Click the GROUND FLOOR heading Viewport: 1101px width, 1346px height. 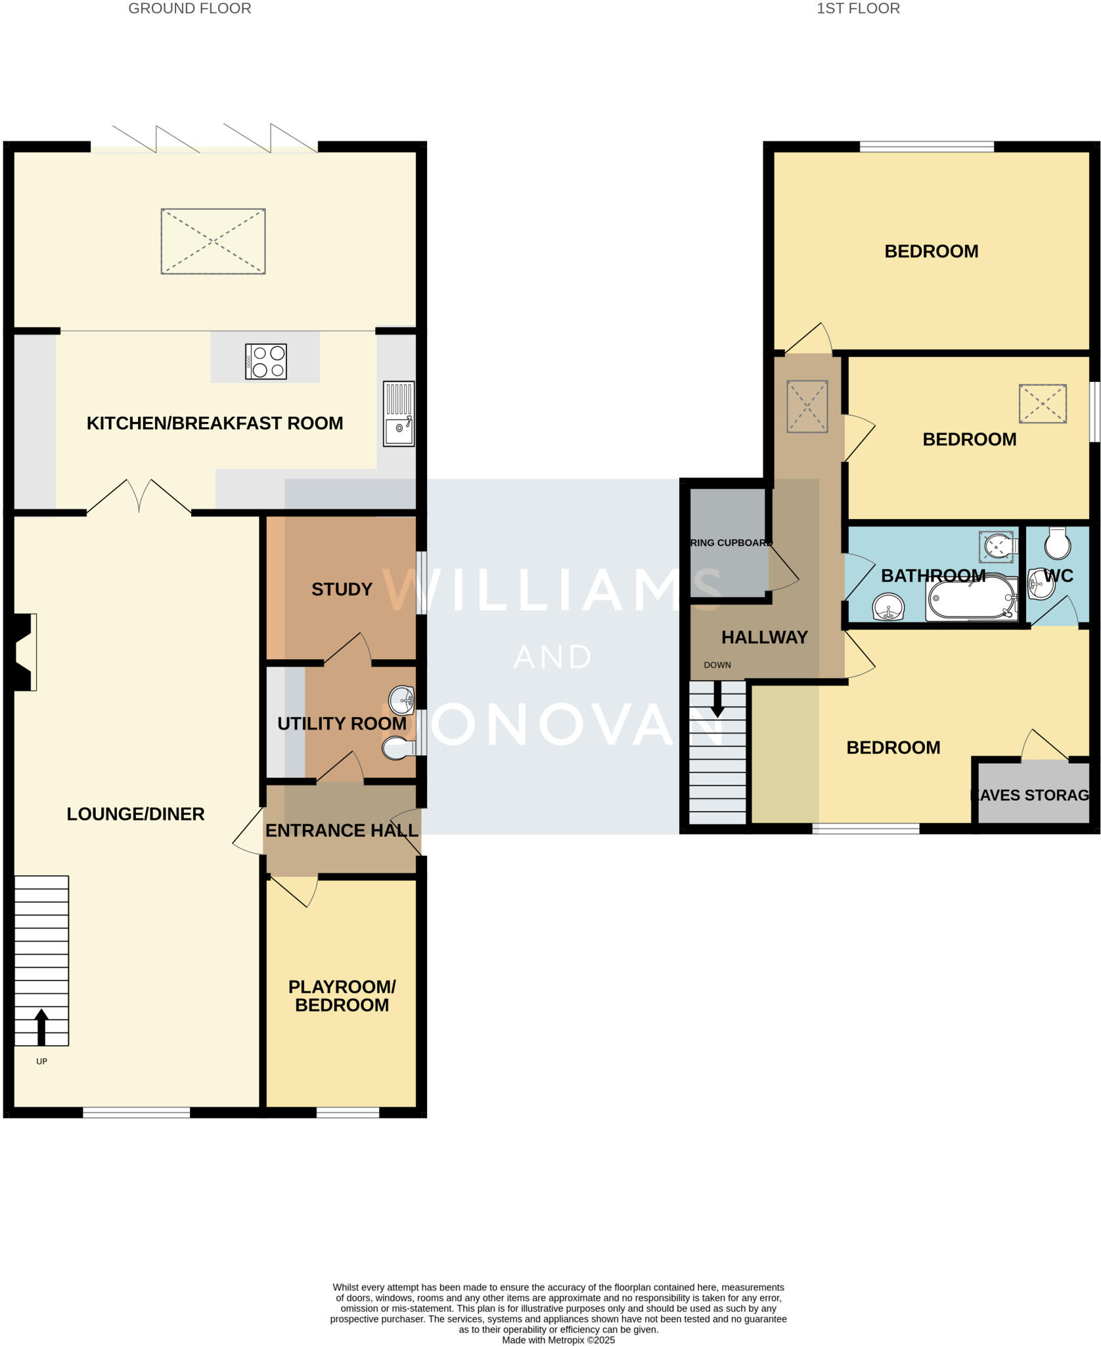[189, 9]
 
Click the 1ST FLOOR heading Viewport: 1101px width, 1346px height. [857, 9]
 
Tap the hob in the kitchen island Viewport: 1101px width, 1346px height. [265, 361]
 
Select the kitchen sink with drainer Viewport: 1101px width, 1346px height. [399, 414]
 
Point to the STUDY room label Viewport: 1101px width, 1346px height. [342, 590]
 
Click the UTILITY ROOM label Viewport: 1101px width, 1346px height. [342, 724]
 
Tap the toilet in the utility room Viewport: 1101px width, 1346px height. [398, 748]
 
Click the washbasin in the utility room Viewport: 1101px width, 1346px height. [401, 701]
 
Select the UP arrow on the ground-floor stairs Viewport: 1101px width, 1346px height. [41, 1026]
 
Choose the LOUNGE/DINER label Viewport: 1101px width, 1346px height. [135, 814]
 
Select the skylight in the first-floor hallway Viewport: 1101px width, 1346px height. [807, 406]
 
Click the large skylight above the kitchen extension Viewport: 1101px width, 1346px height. [213, 241]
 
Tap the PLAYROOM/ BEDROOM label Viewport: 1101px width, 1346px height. [342, 996]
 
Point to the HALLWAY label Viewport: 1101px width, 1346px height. [764, 637]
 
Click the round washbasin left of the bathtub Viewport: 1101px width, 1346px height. [888, 607]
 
